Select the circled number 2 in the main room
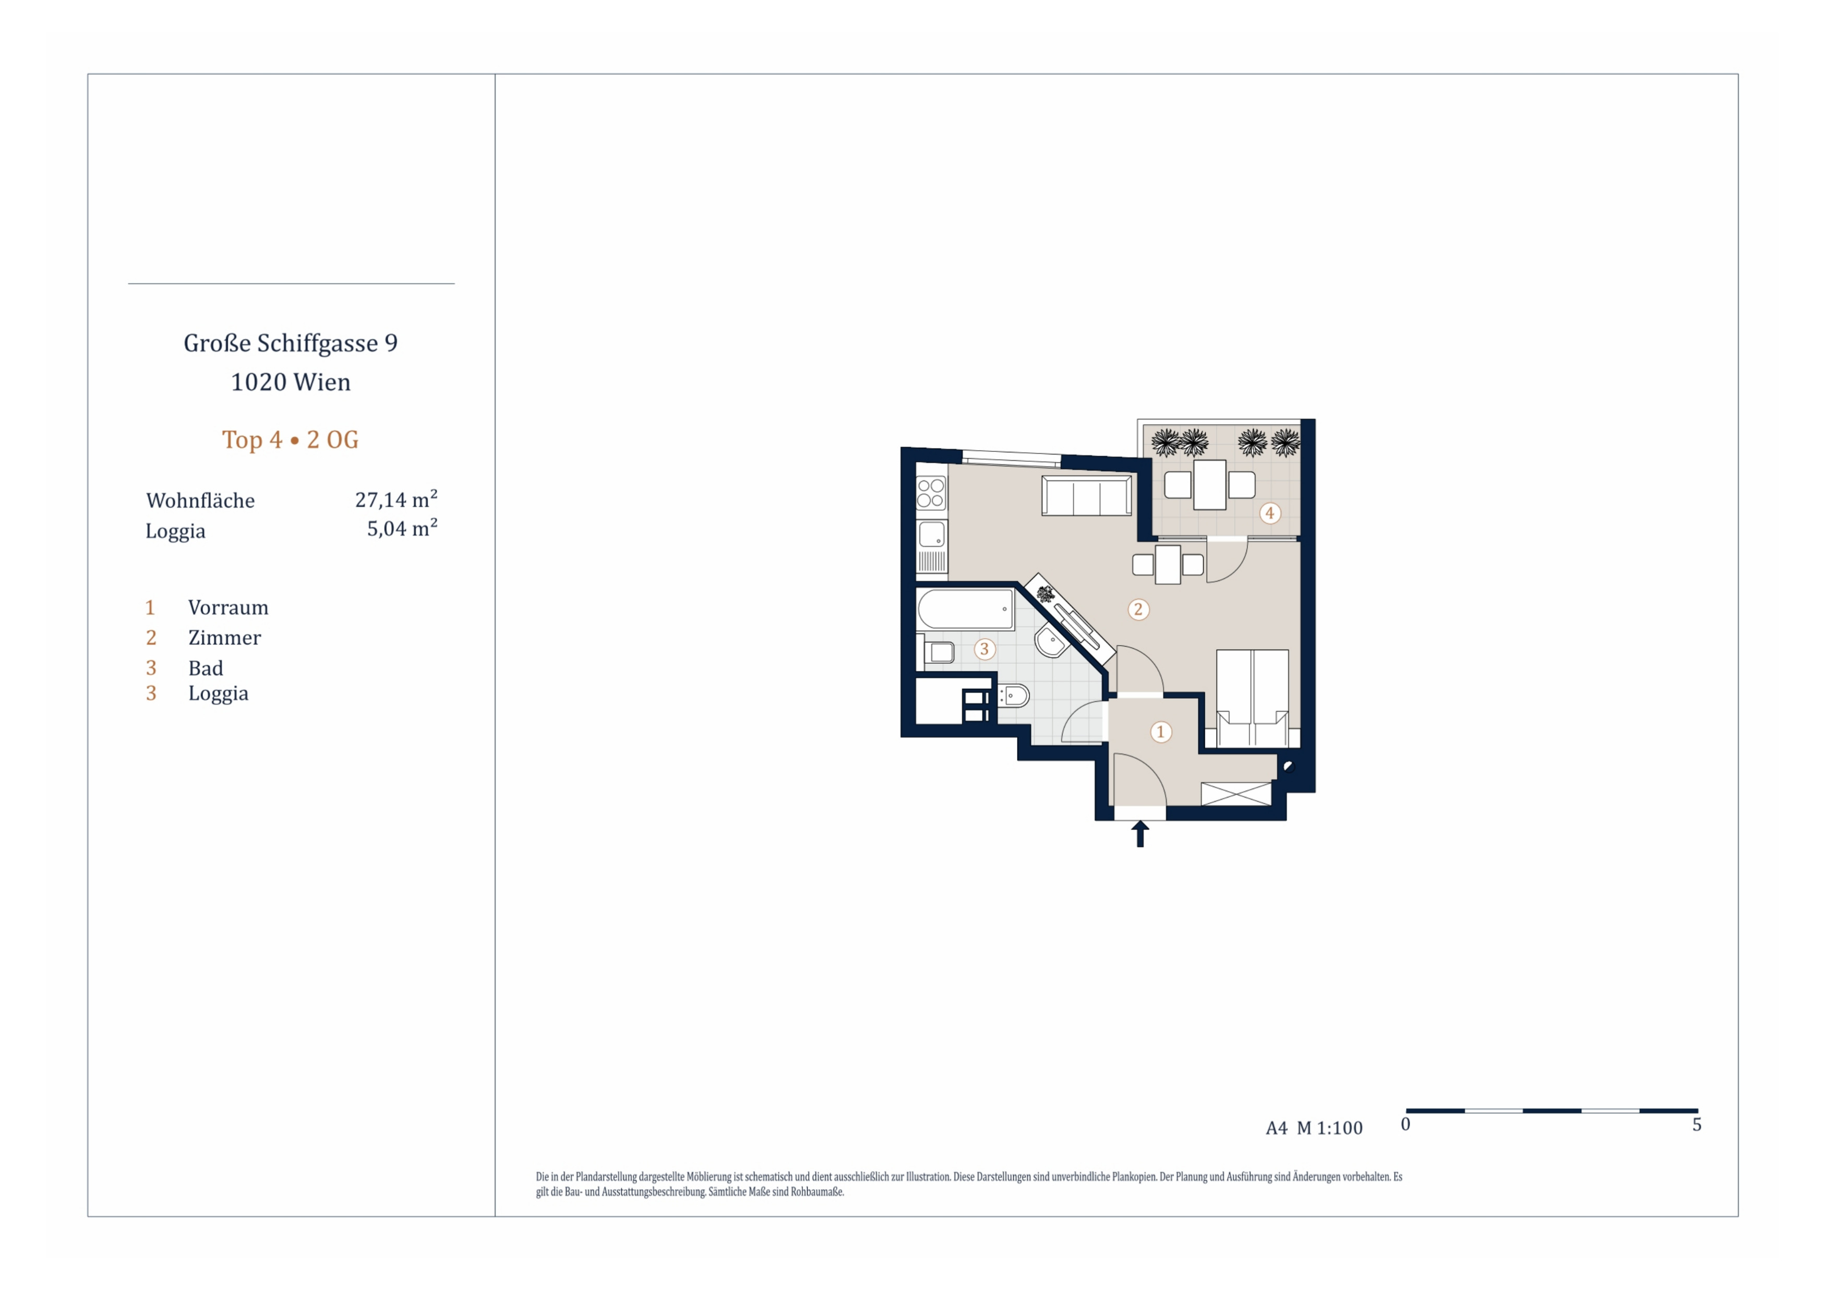(1138, 610)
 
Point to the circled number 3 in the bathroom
(984, 650)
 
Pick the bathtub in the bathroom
(965, 609)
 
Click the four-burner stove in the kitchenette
(931, 493)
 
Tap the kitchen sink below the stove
(932, 534)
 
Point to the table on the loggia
(1210, 484)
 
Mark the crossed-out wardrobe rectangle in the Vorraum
(1236, 794)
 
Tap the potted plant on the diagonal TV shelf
(1045, 593)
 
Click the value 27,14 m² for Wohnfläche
(396, 499)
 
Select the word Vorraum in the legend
(229, 608)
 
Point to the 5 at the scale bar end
(1697, 1125)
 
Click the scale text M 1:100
(1330, 1128)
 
